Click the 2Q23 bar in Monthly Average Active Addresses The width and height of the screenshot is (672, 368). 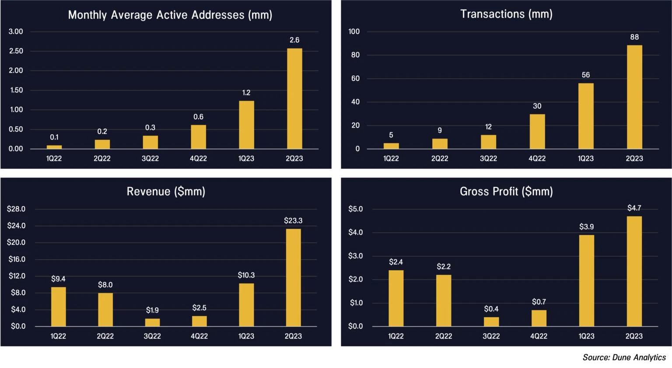coord(294,99)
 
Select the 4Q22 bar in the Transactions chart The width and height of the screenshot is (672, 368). coord(537,132)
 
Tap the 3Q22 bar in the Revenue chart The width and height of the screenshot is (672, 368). coord(152,323)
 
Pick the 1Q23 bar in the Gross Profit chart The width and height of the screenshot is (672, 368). coord(587,281)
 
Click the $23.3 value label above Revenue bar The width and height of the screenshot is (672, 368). coord(293,221)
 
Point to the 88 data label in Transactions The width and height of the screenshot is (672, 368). coord(634,37)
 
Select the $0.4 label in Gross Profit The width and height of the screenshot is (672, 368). coord(491,309)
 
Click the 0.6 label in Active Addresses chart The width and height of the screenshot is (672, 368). coord(198,117)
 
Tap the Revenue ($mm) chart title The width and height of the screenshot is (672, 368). coord(166,191)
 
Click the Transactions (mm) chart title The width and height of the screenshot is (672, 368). coord(506,14)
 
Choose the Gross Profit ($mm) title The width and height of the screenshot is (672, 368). coord(506,191)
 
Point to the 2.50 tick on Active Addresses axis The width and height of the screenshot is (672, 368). coord(16,51)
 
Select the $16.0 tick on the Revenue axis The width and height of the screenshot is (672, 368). coord(17,259)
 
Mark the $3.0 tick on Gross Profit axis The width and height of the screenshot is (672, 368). coord(356,256)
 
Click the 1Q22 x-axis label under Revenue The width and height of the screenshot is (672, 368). coord(58,336)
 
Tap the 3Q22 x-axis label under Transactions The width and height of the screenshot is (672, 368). coord(488,158)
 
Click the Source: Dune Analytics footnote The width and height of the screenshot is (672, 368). coord(624,358)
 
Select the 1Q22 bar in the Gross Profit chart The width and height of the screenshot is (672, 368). coord(396,298)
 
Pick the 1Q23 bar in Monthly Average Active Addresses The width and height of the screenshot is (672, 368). coord(246,125)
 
